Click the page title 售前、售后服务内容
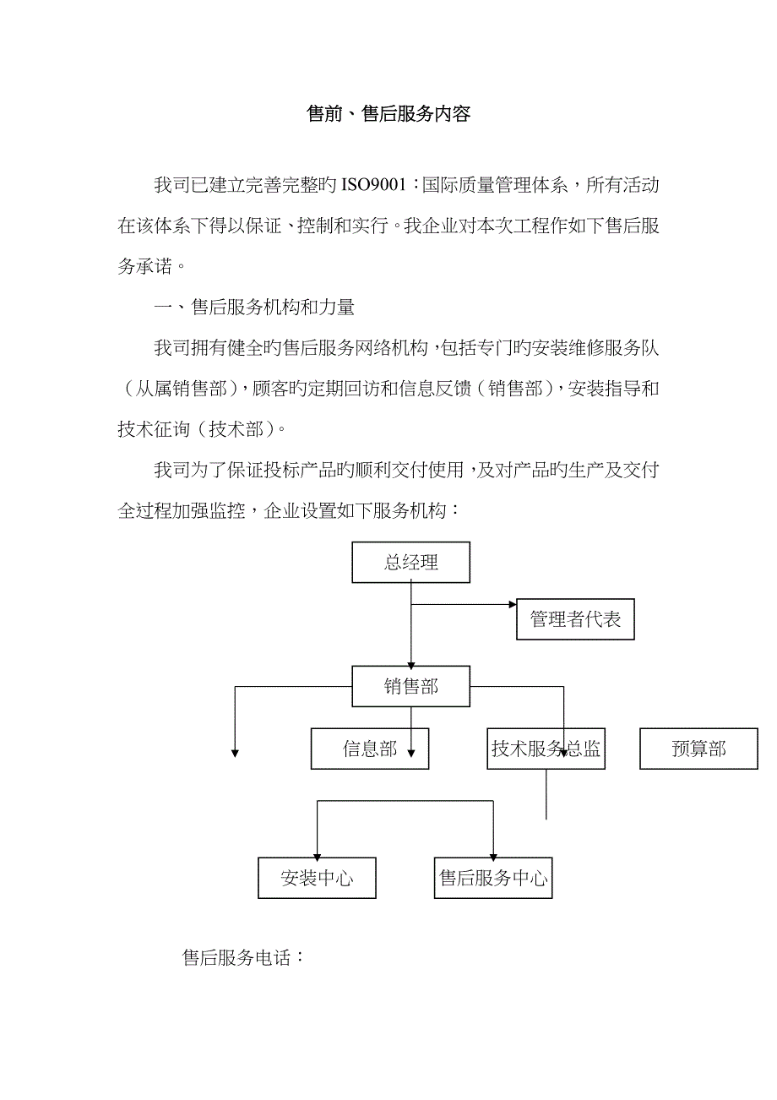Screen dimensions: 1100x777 388,115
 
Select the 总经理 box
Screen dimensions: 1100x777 411,563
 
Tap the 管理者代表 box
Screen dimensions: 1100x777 575,619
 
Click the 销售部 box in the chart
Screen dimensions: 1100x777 411,685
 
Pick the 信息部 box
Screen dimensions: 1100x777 370,749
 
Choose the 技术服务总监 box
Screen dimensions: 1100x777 546,749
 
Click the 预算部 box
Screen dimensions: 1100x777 698,749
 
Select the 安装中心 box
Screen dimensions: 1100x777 317,878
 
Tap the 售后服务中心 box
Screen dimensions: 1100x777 493,878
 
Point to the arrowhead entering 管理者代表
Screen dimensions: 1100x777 512,605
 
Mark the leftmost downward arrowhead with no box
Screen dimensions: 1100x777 235,753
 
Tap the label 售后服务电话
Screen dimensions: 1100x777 242,958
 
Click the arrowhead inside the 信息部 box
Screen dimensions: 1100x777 411,753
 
